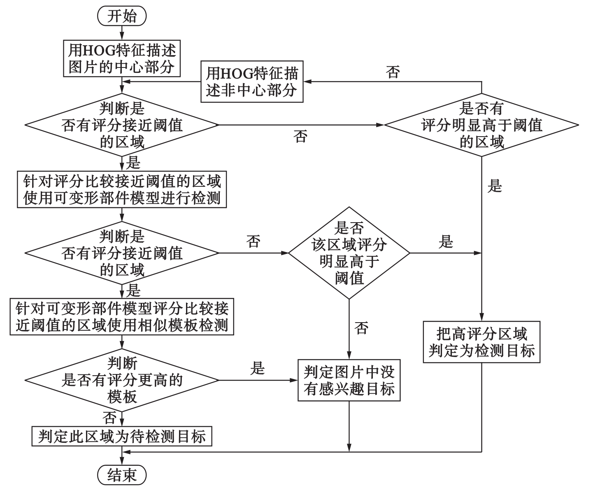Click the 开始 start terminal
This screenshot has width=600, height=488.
pyautogui.click(x=122, y=16)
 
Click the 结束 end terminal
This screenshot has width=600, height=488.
pyautogui.click(x=122, y=475)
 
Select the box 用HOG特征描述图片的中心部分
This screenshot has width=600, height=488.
pyautogui.click(x=122, y=58)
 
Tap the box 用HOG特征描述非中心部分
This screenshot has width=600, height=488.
pyautogui.click(x=252, y=81)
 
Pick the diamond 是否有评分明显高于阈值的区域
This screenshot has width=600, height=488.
pyautogui.click(x=481, y=125)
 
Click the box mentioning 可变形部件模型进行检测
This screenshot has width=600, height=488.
pyautogui.click(x=122, y=189)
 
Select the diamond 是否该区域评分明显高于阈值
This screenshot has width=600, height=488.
pyautogui.click(x=349, y=253)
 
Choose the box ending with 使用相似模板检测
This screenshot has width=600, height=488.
pyautogui.click(x=122, y=317)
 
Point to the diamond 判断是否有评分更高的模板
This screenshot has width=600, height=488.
pyautogui.click(x=122, y=380)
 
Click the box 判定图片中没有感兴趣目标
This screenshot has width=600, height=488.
pyautogui.click(x=349, y=380)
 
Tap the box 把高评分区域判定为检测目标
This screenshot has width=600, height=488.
pyautogui.click(x=481, y=342)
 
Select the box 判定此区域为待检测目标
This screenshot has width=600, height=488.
pyautogui.click(x=122, y=436)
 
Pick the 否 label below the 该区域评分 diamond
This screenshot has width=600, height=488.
pyautogui.click(x=361, y=328)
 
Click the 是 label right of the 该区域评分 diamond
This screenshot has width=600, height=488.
pyautogui.click(x=446, y=242)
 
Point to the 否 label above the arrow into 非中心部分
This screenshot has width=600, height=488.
pyautogui.click(x=393, y=72)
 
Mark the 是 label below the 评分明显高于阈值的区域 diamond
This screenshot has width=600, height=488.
pyautogui.click(x=495, y=186)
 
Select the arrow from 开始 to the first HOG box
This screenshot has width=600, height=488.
pyautogui.click(x=122, y=32)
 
